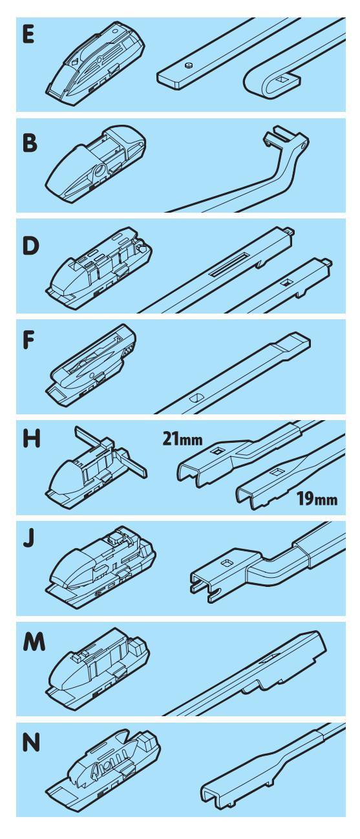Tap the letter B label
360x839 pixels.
pos(30,143)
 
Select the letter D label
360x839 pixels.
pos(30,246)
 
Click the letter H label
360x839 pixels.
pos(31,439)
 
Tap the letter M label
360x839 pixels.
pos(34,641)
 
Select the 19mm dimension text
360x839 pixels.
pos(317,498)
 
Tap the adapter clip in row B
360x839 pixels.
pos(96,164)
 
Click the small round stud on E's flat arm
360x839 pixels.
pos(188,67)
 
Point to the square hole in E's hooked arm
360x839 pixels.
pos(282,79)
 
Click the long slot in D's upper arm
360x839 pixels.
pos(229,264)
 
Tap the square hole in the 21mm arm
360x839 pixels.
pos(217,452)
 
